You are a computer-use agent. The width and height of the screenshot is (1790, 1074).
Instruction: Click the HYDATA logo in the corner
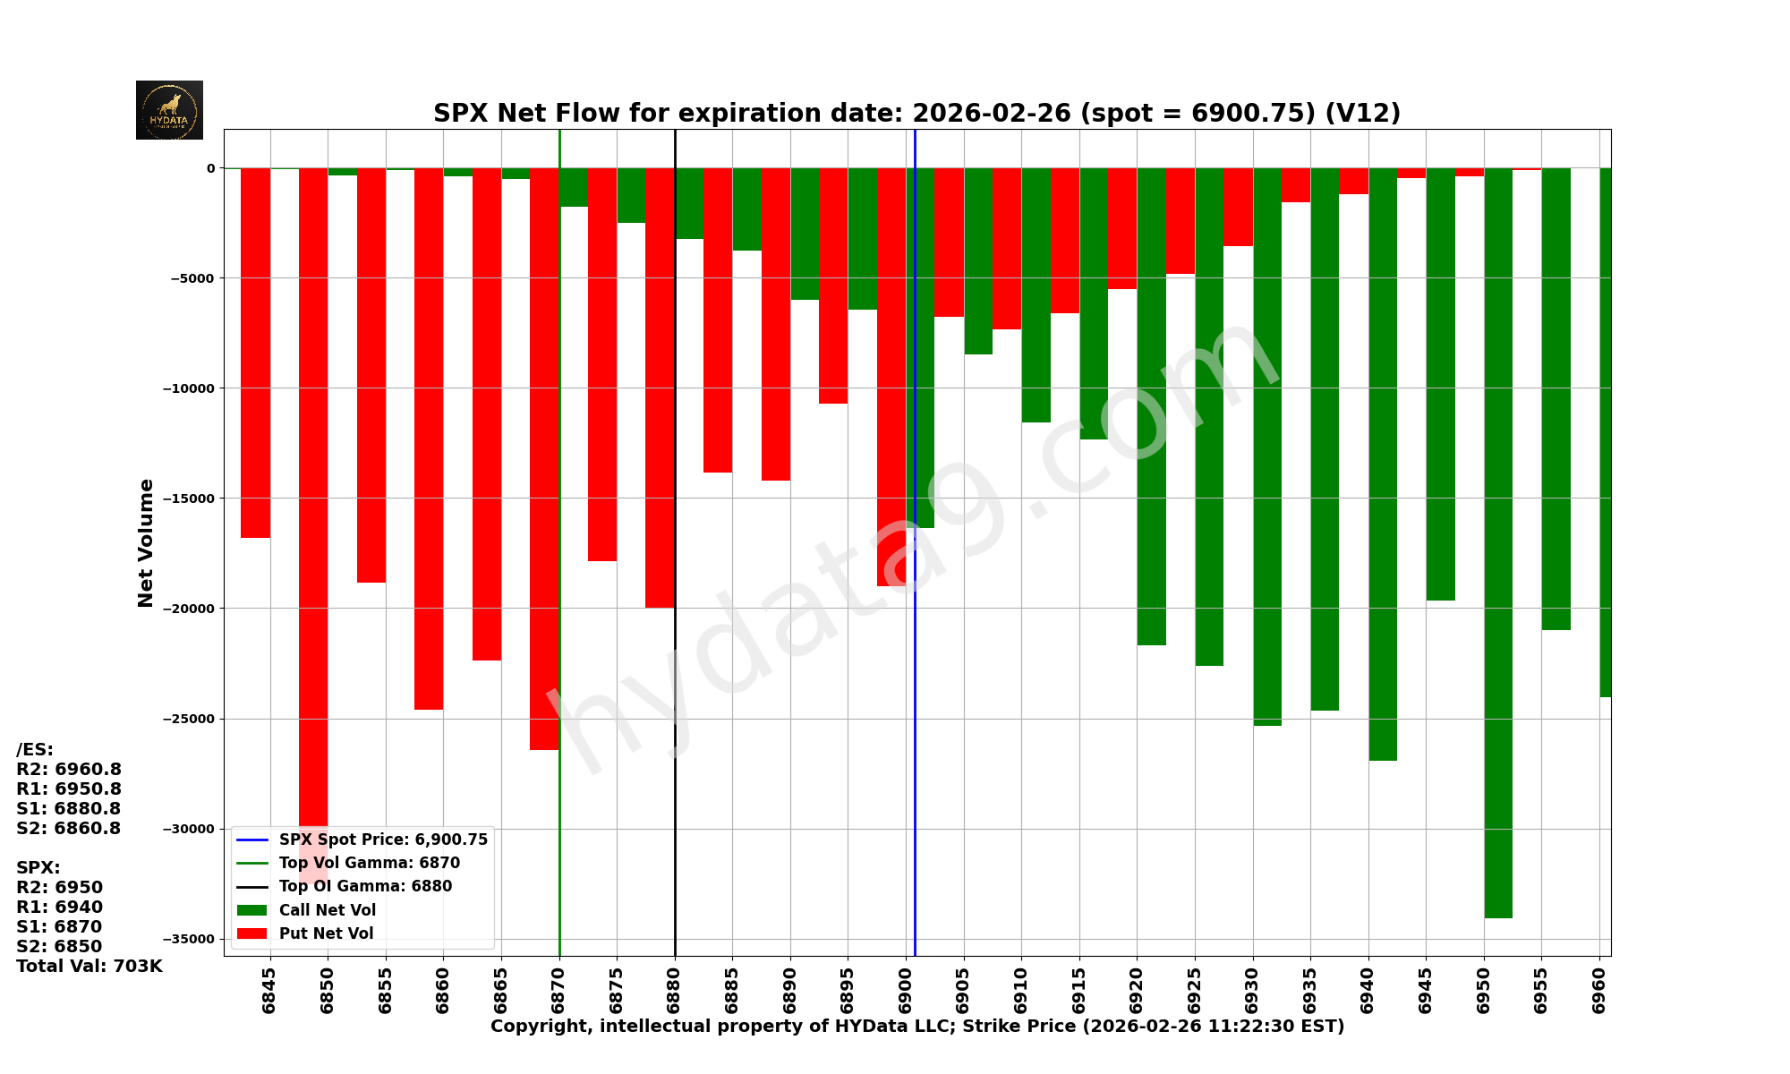click(169, 110)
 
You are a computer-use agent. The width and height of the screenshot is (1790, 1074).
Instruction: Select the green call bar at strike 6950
click(1498, 537)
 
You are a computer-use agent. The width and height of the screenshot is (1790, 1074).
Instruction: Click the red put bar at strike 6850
click(313, 492)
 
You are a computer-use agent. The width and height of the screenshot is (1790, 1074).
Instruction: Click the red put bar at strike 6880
click(660, 385)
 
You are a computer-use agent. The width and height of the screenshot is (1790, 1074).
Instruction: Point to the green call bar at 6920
click(1152, 403)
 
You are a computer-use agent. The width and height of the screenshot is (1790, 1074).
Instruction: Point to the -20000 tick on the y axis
click(189, 609)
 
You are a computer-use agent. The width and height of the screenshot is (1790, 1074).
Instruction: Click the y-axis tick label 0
click(211, 168)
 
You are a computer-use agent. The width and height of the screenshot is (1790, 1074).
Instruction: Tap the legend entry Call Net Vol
click(327, 910)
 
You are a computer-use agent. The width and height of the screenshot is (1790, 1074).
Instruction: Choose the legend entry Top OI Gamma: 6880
click(365, 886)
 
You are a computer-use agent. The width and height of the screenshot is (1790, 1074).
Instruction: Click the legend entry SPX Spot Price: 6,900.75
click(383, 840)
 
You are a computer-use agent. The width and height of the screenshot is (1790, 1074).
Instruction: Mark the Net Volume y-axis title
click(146, 542)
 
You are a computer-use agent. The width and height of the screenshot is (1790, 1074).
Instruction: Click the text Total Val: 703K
click(89, 967)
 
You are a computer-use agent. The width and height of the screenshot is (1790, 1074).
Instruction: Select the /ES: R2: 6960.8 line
click(69, 770)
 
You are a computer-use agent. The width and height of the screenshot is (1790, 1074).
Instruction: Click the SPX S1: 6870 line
click(59, 927)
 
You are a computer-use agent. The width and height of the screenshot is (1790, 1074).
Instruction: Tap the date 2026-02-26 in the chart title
click(991, 114)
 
